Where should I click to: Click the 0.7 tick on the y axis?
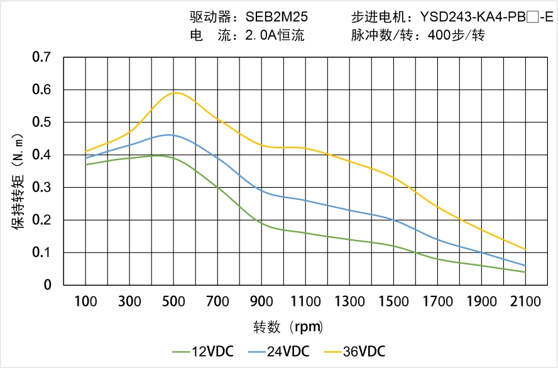42,57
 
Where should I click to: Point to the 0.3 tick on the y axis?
42,187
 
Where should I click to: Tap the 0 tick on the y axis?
48,285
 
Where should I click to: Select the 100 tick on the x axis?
85,301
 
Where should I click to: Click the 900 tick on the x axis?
261,301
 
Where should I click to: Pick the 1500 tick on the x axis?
393,301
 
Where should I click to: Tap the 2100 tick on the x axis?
525,301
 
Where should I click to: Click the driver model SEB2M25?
276,17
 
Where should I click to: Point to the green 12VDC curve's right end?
525,272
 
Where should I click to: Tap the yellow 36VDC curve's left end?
85,151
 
